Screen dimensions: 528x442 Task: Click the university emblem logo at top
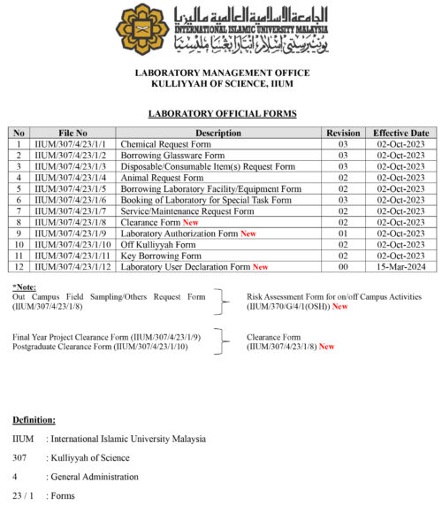click(142, 28)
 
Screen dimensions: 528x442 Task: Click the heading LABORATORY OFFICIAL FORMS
click(222, 114)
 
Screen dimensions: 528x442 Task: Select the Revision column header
click(343, 133)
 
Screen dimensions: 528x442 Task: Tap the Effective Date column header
click(400, 133)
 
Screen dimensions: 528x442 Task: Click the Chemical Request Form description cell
click(165, 144)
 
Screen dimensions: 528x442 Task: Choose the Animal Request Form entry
click(162, 178)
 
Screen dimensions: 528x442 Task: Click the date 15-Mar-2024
click(400, 266)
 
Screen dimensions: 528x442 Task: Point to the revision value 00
click(343, 266)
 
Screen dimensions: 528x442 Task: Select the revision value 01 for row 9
click(343, 233)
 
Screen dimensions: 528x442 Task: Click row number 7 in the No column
click(19, 211)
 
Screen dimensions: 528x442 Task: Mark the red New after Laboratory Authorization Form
click(248, 233)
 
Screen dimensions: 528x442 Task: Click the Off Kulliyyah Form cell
click(158, 244)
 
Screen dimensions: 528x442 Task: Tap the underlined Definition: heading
click(34, 419)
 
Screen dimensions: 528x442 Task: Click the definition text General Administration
click(96, 477)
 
